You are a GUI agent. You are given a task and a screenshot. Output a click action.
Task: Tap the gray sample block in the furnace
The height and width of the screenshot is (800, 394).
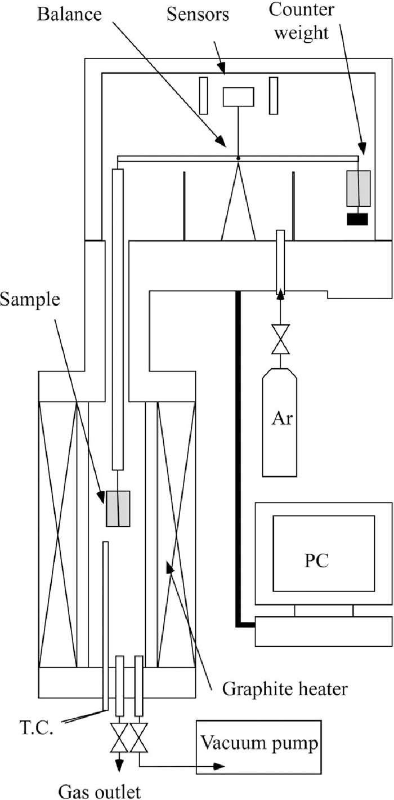118,509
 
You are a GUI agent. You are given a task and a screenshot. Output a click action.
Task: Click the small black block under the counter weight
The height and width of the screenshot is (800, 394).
357,219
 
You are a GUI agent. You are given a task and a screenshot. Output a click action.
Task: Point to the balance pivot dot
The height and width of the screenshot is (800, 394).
238,158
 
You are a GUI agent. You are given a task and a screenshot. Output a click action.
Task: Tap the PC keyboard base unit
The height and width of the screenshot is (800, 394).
323,631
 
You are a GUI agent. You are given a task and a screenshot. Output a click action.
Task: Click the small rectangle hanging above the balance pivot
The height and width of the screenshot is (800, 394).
238,97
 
